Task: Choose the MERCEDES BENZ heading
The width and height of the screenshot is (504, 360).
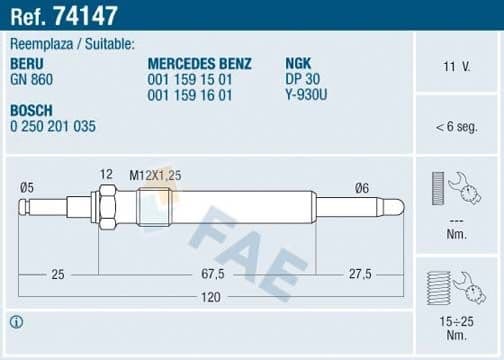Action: [199, 61]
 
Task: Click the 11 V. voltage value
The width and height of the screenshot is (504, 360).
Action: [455, 68]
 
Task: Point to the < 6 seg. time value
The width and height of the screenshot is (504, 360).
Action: [456, 126]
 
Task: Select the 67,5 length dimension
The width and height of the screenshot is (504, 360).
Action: [211, 273]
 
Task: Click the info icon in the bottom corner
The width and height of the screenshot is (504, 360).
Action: [15, 322]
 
